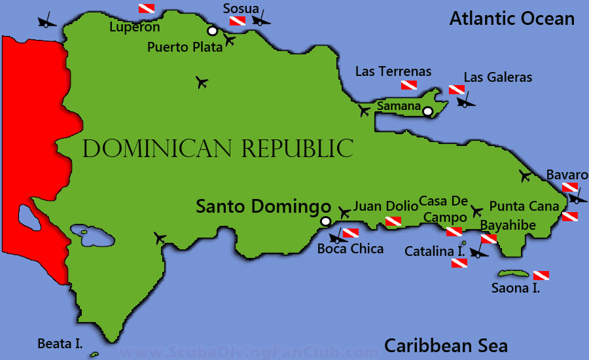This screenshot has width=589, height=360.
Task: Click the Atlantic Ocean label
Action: (512, 18)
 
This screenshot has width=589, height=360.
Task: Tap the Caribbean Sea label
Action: (446, 345)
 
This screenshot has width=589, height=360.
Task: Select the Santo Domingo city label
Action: (263, 207)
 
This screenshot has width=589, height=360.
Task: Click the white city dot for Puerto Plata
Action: (212, 31)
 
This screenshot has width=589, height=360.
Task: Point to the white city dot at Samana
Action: (428, 112)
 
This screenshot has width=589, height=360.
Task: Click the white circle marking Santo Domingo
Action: (325, 221)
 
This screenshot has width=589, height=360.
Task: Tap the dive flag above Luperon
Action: (147, 9)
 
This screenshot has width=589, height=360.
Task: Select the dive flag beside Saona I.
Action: (541, 275)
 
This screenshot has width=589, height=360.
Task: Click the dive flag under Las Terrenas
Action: (409, 86)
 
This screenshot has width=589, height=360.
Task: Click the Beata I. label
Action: (60, 343)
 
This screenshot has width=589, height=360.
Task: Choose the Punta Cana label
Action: (524, 206)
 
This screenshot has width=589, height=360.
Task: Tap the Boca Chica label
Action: (350, 249)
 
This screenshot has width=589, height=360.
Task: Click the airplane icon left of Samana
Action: (365, 111)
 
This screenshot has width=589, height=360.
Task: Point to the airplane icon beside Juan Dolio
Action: (345, 212)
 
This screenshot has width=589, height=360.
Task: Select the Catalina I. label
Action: (435, 251)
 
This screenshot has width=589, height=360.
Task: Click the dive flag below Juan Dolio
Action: (393, 221)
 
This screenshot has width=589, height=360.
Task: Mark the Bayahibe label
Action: (508, 225)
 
